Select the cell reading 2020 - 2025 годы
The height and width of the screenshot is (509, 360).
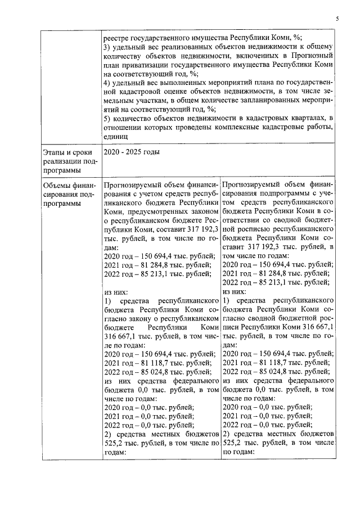132,152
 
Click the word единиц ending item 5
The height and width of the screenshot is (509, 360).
116,136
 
